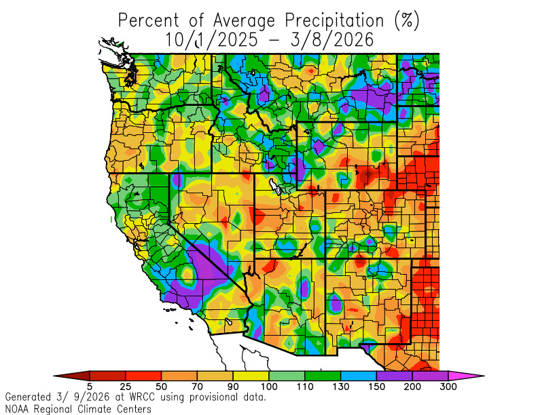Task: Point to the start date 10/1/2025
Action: click(x=211, y=40)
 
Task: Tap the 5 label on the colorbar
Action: click(x=89, y=387)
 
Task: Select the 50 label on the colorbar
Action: click(x=161, y=387)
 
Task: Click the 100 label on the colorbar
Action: click(x=269, y=387)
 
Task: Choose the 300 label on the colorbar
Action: click(x=448, y=387)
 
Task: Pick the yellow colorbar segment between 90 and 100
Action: click(x=251, y=375)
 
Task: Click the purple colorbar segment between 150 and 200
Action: click(x=394, y=375)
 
